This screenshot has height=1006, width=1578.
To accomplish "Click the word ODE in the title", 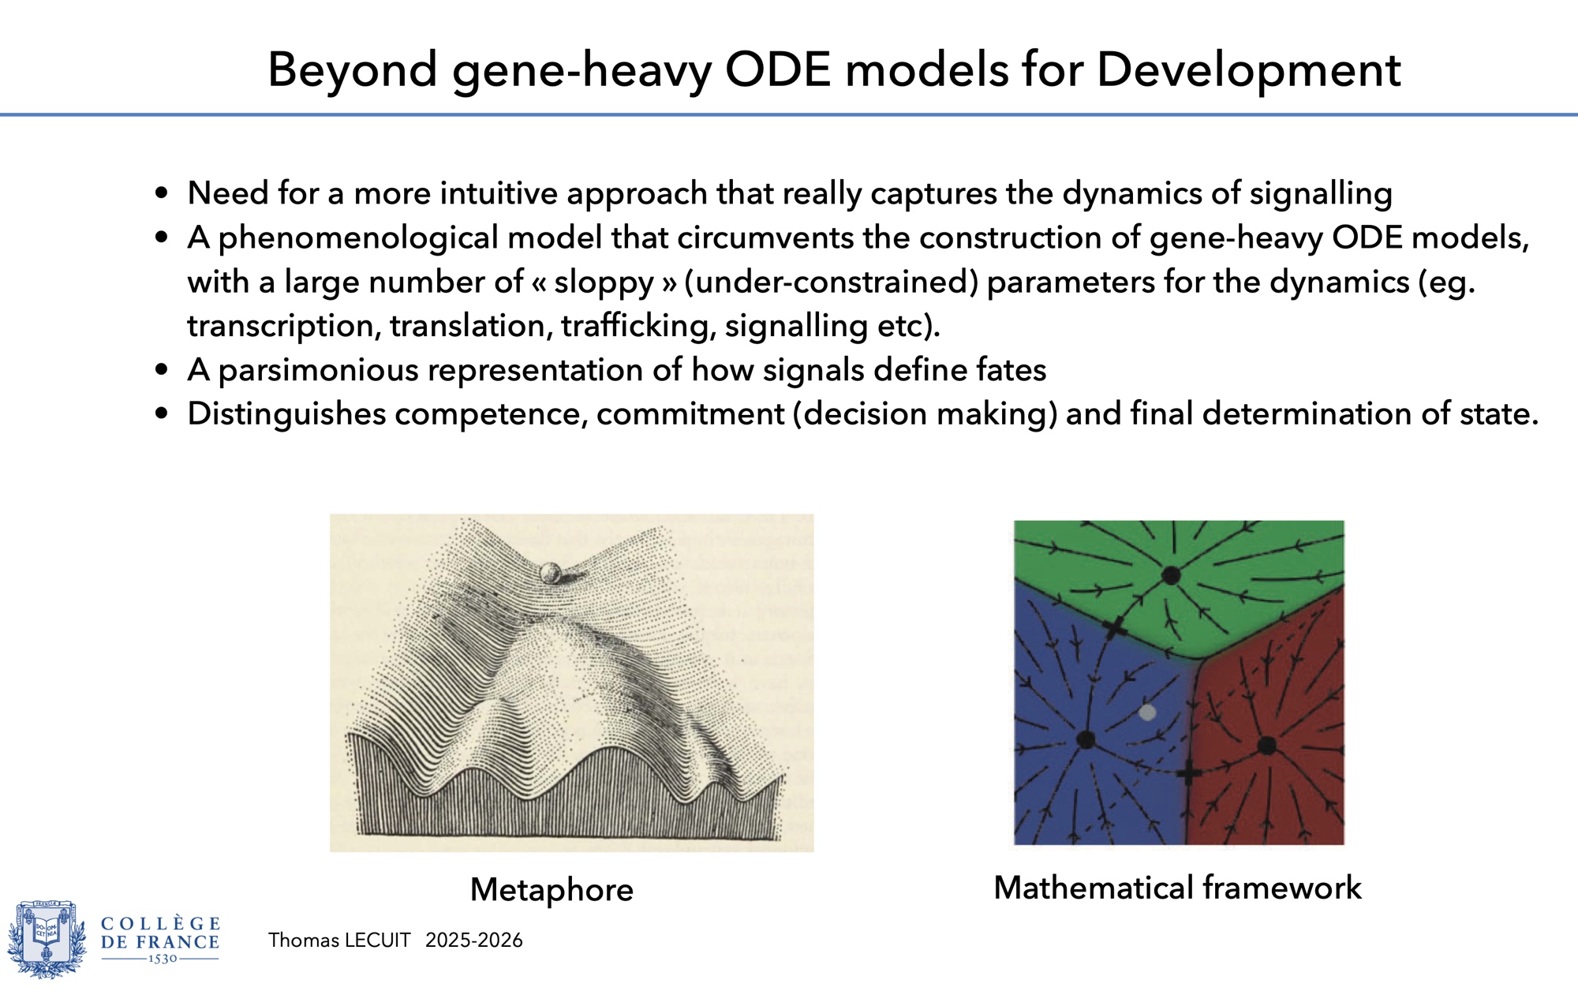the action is click(778, 69).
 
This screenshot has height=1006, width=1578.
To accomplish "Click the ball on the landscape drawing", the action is click(551, 573).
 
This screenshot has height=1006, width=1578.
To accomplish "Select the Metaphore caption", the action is click(552, 889).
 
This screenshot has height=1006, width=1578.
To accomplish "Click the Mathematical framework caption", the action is click(1177, 888).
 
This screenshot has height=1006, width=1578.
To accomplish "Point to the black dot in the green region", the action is click(1171, 576).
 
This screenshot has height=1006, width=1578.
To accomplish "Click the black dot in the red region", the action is click(1266, 745).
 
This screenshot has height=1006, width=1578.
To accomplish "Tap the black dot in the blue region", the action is click(1086, 740).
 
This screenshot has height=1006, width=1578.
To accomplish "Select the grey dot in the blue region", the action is click(1148, 712).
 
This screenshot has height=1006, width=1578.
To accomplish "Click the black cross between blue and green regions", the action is click(1114, 628).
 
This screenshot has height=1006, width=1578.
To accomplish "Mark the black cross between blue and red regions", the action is click(1189, 772).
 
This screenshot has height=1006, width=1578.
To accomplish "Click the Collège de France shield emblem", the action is click(47, 939).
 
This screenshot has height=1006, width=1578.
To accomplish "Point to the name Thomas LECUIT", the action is click(338, 940).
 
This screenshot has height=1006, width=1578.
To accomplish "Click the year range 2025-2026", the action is click(473, 940).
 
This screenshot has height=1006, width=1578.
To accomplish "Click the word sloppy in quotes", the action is click(604, 282).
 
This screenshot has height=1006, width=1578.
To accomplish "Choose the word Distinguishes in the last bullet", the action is click(286, 414).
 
